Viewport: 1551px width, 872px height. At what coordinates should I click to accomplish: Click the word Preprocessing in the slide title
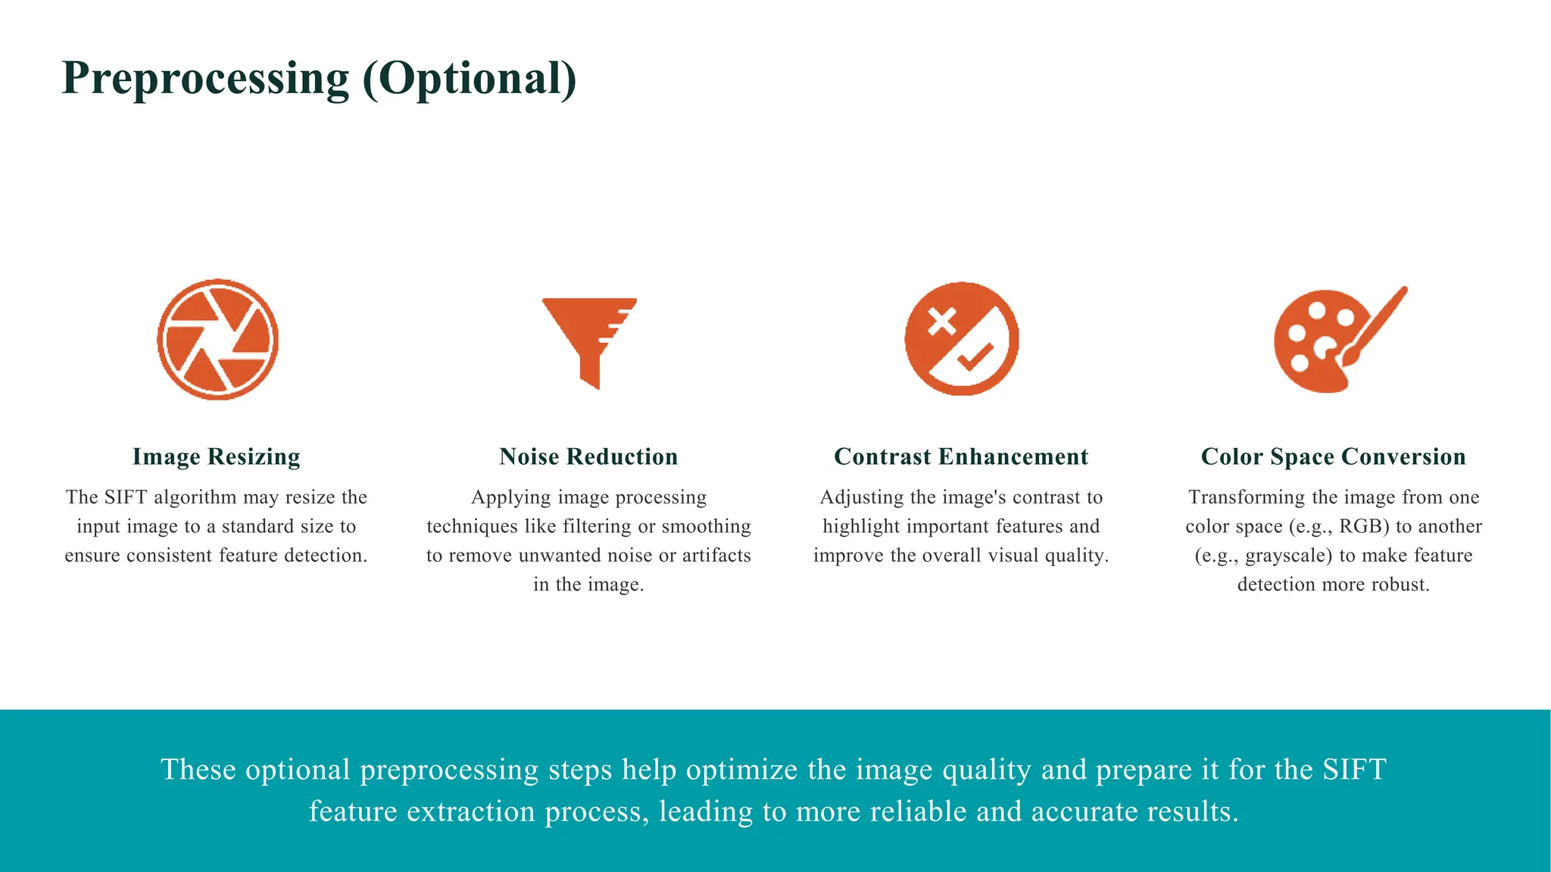coord(205,79)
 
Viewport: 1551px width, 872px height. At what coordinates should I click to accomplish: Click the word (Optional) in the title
coord(470,79)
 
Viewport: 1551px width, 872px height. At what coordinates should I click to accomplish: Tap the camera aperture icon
coord(218,339)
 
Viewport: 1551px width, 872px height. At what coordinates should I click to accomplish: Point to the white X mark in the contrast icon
coord(941,321)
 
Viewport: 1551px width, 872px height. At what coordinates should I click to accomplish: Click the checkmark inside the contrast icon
coord(975,356)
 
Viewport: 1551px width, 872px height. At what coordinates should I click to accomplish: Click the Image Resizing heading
coord(217,456)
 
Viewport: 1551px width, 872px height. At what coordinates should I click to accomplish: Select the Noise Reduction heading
coord(588,456)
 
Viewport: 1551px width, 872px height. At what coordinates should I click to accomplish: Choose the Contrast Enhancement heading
coord(961,456)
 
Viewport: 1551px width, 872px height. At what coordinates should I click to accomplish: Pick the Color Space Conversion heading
coord(1333,456)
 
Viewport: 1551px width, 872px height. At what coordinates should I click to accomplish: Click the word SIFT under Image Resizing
coord(126,497)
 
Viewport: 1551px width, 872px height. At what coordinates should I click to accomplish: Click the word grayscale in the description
coord(1288,556)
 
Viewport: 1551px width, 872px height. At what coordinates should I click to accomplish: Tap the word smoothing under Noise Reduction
coord(707,526)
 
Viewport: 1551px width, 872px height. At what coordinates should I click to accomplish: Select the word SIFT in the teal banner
coord(1354,769)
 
